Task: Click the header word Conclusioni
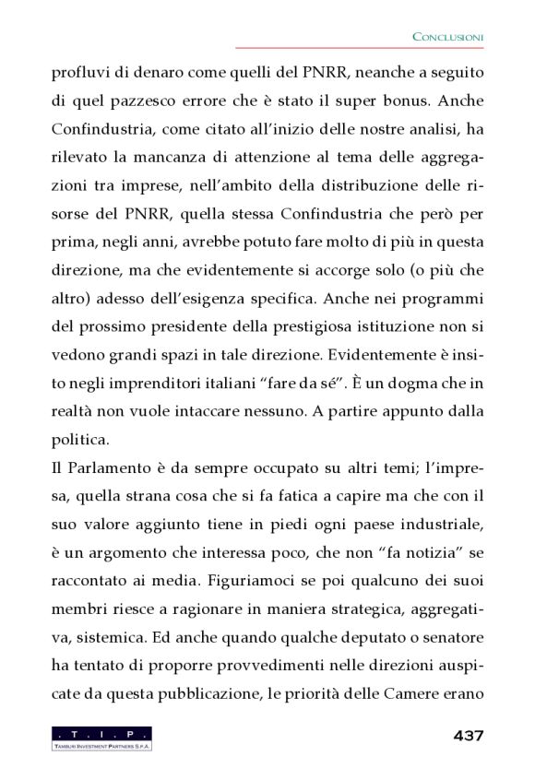[x=447, y=36]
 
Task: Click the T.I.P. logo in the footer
[x=101, y=738]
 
